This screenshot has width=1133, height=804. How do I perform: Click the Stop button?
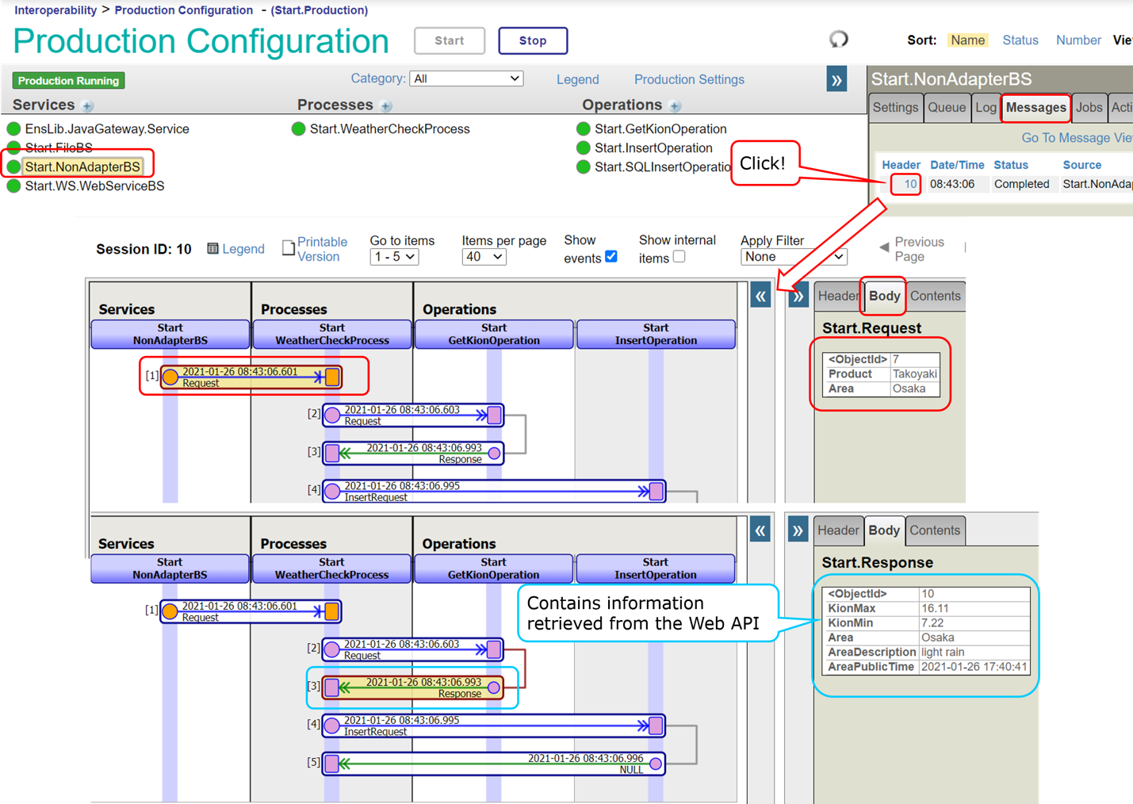(532, 40)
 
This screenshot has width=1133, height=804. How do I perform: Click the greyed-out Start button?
(449, 40)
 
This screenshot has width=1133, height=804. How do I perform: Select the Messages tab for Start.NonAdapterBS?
(1035, 108)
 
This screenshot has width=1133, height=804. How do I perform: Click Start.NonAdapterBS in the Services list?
(82, 167)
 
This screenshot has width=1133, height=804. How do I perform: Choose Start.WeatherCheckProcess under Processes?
(389, 129)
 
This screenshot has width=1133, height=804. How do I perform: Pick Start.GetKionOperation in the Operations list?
(660, 129)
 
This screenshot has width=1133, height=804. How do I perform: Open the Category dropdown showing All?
(466, 78)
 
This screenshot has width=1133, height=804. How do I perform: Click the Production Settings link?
(689, 79)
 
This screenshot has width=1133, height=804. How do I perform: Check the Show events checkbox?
(611, 256)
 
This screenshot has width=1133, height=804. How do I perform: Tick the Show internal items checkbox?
(679, 256)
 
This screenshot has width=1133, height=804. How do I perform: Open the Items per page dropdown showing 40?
(484, 257)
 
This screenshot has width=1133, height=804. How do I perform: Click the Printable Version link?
(321, 249)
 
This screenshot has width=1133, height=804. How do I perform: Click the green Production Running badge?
(68, 81)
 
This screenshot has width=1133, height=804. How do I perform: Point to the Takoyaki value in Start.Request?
(914, 374)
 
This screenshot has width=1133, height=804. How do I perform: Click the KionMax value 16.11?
(935, 608)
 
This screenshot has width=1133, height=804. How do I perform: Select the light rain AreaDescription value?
(943, 652)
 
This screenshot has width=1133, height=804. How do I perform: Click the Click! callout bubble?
(764, 163)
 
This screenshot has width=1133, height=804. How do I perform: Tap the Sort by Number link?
(1077, 40)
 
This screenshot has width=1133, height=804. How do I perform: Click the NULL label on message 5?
(631, 769)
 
